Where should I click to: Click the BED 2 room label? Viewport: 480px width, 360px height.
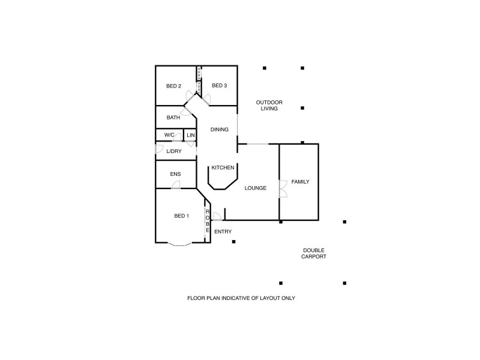click(173, 86)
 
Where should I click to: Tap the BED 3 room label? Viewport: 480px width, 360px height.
click(220, 86)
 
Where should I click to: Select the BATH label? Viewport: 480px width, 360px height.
click(173, 118)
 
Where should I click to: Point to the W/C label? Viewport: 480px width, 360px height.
click(169, 136)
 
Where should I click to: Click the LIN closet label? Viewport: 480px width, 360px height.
click(191, 136)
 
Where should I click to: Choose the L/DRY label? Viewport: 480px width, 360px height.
click(174, 151)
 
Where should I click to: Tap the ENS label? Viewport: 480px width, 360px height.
click(175, 175)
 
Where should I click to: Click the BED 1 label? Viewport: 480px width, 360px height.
click(181, 216)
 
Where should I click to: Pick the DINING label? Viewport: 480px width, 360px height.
click(219, 130)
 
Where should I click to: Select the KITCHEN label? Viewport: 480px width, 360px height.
click(223, 168)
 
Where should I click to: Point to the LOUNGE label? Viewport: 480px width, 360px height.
click(256, 188)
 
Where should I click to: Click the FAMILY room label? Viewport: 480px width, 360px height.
click(301, 182)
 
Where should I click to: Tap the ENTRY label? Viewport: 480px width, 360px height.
click(223, 232)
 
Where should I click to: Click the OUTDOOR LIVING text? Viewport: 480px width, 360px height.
click(269, 106)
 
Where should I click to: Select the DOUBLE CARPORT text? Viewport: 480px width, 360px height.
click(314, 254)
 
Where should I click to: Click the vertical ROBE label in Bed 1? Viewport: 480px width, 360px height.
click(208, 221)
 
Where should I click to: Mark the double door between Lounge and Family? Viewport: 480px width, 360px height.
click(282, 188)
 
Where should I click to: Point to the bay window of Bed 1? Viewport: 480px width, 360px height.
click(179, 244)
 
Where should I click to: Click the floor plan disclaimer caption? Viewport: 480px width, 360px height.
click(241, 298)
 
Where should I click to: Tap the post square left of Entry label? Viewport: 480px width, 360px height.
click(234, 242)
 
